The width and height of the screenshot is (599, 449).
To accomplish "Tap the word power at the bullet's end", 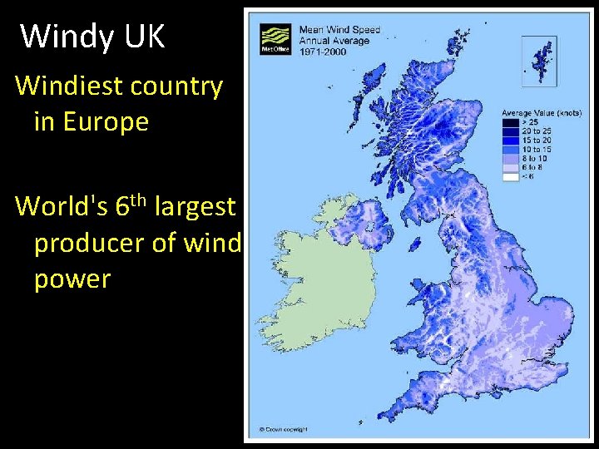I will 72,279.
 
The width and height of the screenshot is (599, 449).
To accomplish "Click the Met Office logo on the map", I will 274,38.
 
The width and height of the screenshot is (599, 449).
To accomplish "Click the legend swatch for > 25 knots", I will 508,121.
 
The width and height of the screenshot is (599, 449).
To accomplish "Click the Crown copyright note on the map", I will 283,430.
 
